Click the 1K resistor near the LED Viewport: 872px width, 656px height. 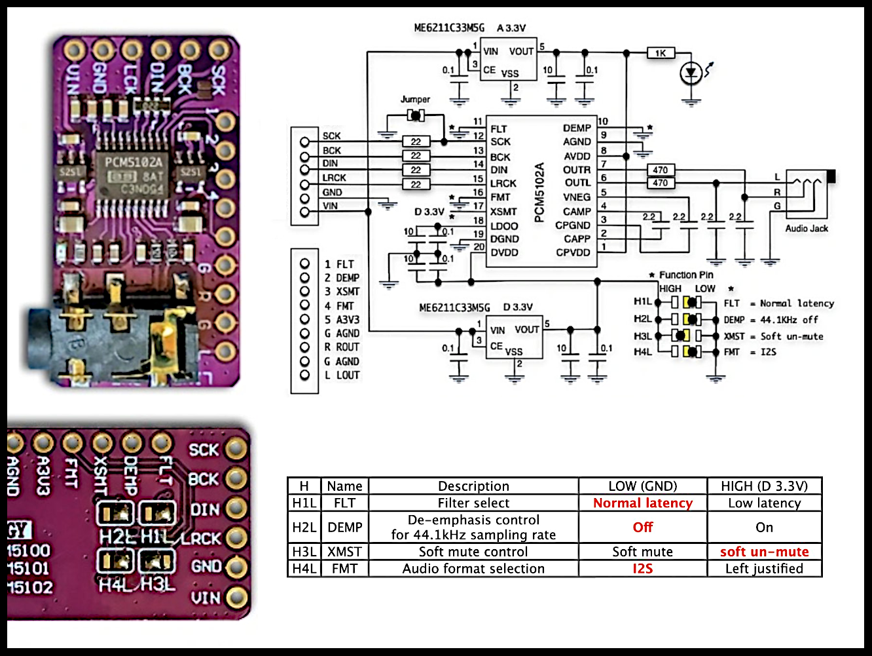(661, 53)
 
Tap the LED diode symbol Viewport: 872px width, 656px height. (691, 74)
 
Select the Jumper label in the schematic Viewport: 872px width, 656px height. (415, 100)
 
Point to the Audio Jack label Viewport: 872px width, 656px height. (807, 229)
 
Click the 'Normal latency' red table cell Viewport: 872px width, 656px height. (642, 503)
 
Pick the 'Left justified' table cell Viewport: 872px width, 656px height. (764, 569)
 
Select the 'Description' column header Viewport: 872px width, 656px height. (473, 486)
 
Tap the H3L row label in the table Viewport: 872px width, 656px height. (304, 552)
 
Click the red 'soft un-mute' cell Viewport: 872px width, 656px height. (764, 552)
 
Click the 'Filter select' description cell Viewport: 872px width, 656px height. (473, 503)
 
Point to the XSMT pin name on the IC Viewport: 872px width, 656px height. (503, 212)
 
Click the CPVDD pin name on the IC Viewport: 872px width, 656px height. (573, 252)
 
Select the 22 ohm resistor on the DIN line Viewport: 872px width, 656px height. (416, 170)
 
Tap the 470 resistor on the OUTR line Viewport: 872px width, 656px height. (660, 170)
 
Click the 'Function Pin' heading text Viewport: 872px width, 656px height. (686, 275)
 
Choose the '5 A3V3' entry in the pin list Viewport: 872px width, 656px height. (342, 320)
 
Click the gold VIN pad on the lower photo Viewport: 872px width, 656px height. (236, 597)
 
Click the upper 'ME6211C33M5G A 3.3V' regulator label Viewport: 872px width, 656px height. (469, 28)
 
